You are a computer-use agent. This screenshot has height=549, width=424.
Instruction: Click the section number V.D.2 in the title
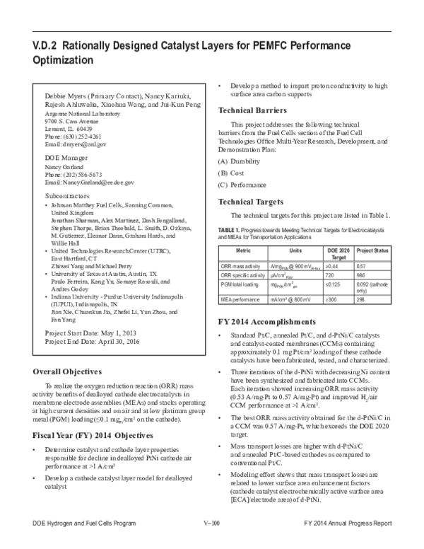click(x=45, y=45)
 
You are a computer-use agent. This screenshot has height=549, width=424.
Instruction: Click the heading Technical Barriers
click(x=252, y=111)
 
